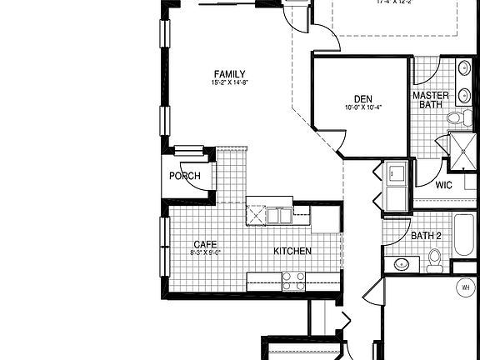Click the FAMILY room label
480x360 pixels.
coord(230,73)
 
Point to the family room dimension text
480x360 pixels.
coord(230,82)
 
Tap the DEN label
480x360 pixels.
coord(362,97)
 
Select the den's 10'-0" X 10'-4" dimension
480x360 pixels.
coord(362,107)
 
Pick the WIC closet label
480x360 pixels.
coord(443,185)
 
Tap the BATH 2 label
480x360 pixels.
coord(426,236)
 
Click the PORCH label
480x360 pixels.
coord(184,177)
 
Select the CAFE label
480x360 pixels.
coord(205,243)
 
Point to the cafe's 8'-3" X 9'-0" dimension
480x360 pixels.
coord(205,252)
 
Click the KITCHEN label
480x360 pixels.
coord(292,251)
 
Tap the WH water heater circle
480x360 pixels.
coord(465,287)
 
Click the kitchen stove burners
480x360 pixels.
coord(293,281)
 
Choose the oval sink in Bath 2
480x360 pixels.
coord(402,265)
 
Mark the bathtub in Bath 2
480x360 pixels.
coord(463,237)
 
